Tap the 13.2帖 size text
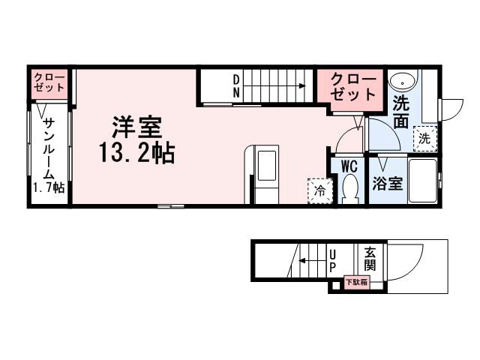135,154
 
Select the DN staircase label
235,86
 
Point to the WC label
349,166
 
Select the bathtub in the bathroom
423,181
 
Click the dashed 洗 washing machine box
425,138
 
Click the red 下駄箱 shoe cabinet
357,283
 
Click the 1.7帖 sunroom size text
47,187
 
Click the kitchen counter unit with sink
266,174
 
